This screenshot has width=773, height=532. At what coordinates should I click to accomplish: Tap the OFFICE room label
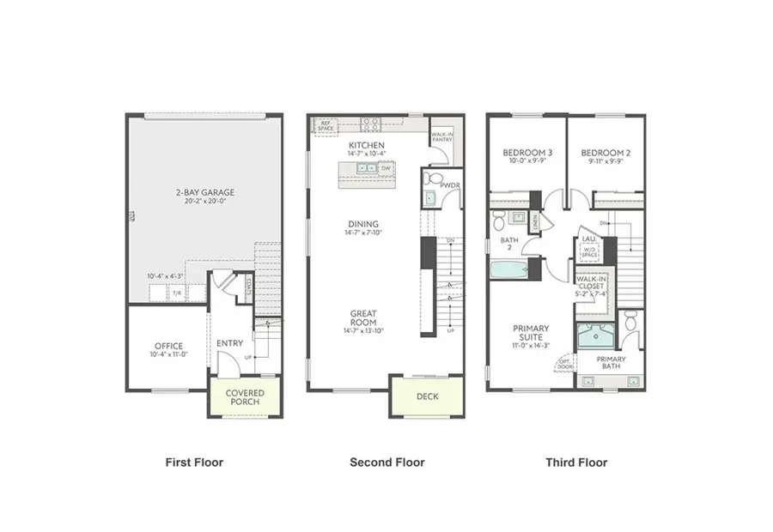[x=168, y=347]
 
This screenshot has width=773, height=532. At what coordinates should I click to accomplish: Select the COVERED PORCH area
[x=245, y=398]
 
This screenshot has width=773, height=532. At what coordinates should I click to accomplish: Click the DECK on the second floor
[x=427, y=396]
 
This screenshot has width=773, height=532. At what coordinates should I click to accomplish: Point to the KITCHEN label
[x=366, y=146]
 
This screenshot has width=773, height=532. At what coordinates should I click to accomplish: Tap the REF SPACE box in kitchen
[x=326, y=125]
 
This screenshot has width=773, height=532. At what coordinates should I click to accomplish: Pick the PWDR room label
[x=450, y=184]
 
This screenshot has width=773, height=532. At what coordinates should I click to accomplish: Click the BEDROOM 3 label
[x=526, y=153]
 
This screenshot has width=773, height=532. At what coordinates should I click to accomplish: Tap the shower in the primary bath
[x=594, y=337]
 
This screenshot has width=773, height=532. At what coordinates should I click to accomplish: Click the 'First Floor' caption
[x=194, y=462]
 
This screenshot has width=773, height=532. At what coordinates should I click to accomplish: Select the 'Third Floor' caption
[x=576, y=462]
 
